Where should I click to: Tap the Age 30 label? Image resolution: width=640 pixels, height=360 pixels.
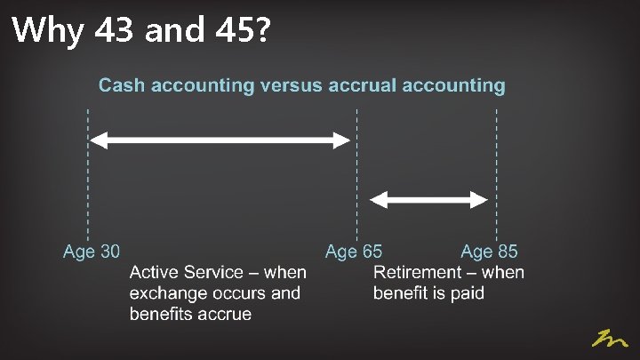tap(91, 252)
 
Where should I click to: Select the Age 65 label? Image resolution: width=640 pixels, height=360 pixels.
tap(354, 252)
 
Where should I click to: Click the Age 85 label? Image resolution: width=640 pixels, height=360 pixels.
tap(489, 252)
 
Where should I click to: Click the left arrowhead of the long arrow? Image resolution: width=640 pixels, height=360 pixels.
tap(100, 140)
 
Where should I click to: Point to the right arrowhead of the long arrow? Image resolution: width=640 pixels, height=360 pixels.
tap(341, 140)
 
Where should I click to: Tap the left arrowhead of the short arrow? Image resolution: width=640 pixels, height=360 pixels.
tap(377, 199)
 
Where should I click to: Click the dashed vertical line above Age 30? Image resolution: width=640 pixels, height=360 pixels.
tap(88, 178)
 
